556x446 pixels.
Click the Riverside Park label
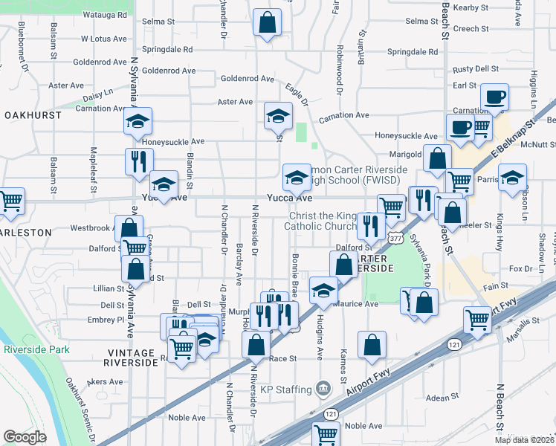pyautogui.click(x=36, y=349)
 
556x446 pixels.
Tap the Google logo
pyautogui.click(x=25, y=437)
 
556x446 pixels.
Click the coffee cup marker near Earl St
pyautogui.click(x=494, y=97)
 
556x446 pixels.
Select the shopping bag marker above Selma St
pyautogui.click(x=267, y=22)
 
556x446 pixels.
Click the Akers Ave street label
pyautogui.click(x=105, y=381)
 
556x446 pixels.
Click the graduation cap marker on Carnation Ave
pyautogui.click(x=278, y=115)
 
